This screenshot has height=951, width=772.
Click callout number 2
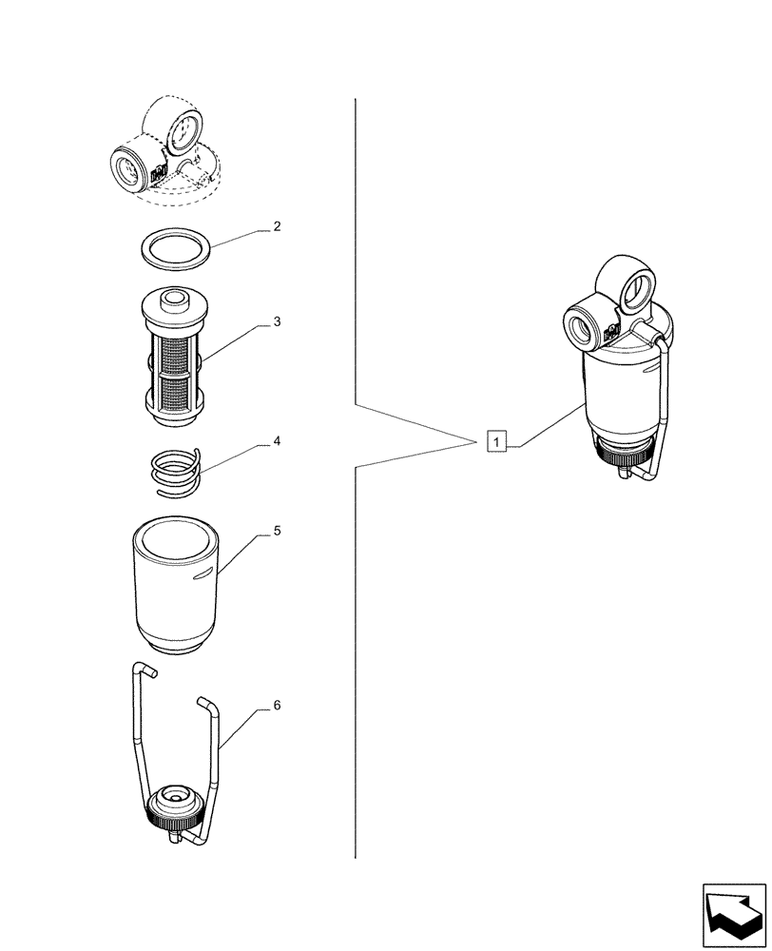(x=277, y=226)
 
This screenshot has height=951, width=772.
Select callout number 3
(x=277, y=321)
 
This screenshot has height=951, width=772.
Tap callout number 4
(x=277, y=441)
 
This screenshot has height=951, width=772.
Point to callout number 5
(x=277, y=531)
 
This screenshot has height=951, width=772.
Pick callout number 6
(x=277, y=706)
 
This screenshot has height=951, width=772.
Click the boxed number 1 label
(x=495, y=441)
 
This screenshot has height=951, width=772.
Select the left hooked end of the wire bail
(x=143, y=670)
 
